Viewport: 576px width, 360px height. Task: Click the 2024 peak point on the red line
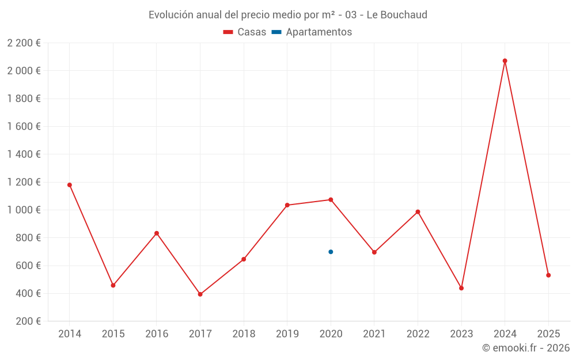505,60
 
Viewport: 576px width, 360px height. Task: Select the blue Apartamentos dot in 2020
331,252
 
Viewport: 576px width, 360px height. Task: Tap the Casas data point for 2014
70,185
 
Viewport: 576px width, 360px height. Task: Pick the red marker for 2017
200,294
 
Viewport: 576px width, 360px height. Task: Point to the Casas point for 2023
461,288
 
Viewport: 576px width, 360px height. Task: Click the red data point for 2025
548,275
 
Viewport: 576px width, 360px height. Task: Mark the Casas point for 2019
287,205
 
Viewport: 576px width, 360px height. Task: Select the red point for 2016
157,233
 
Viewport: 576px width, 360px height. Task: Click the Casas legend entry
245,32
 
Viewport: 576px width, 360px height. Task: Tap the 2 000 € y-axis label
24,71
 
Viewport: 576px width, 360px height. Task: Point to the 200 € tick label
27,321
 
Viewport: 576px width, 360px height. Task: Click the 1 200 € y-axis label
24,182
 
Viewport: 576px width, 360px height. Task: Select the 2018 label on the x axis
244,334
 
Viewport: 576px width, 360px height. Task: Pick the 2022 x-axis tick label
418,334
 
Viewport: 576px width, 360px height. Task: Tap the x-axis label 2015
113,334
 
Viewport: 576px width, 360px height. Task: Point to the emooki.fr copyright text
525,348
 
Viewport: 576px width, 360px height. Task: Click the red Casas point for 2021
374,252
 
